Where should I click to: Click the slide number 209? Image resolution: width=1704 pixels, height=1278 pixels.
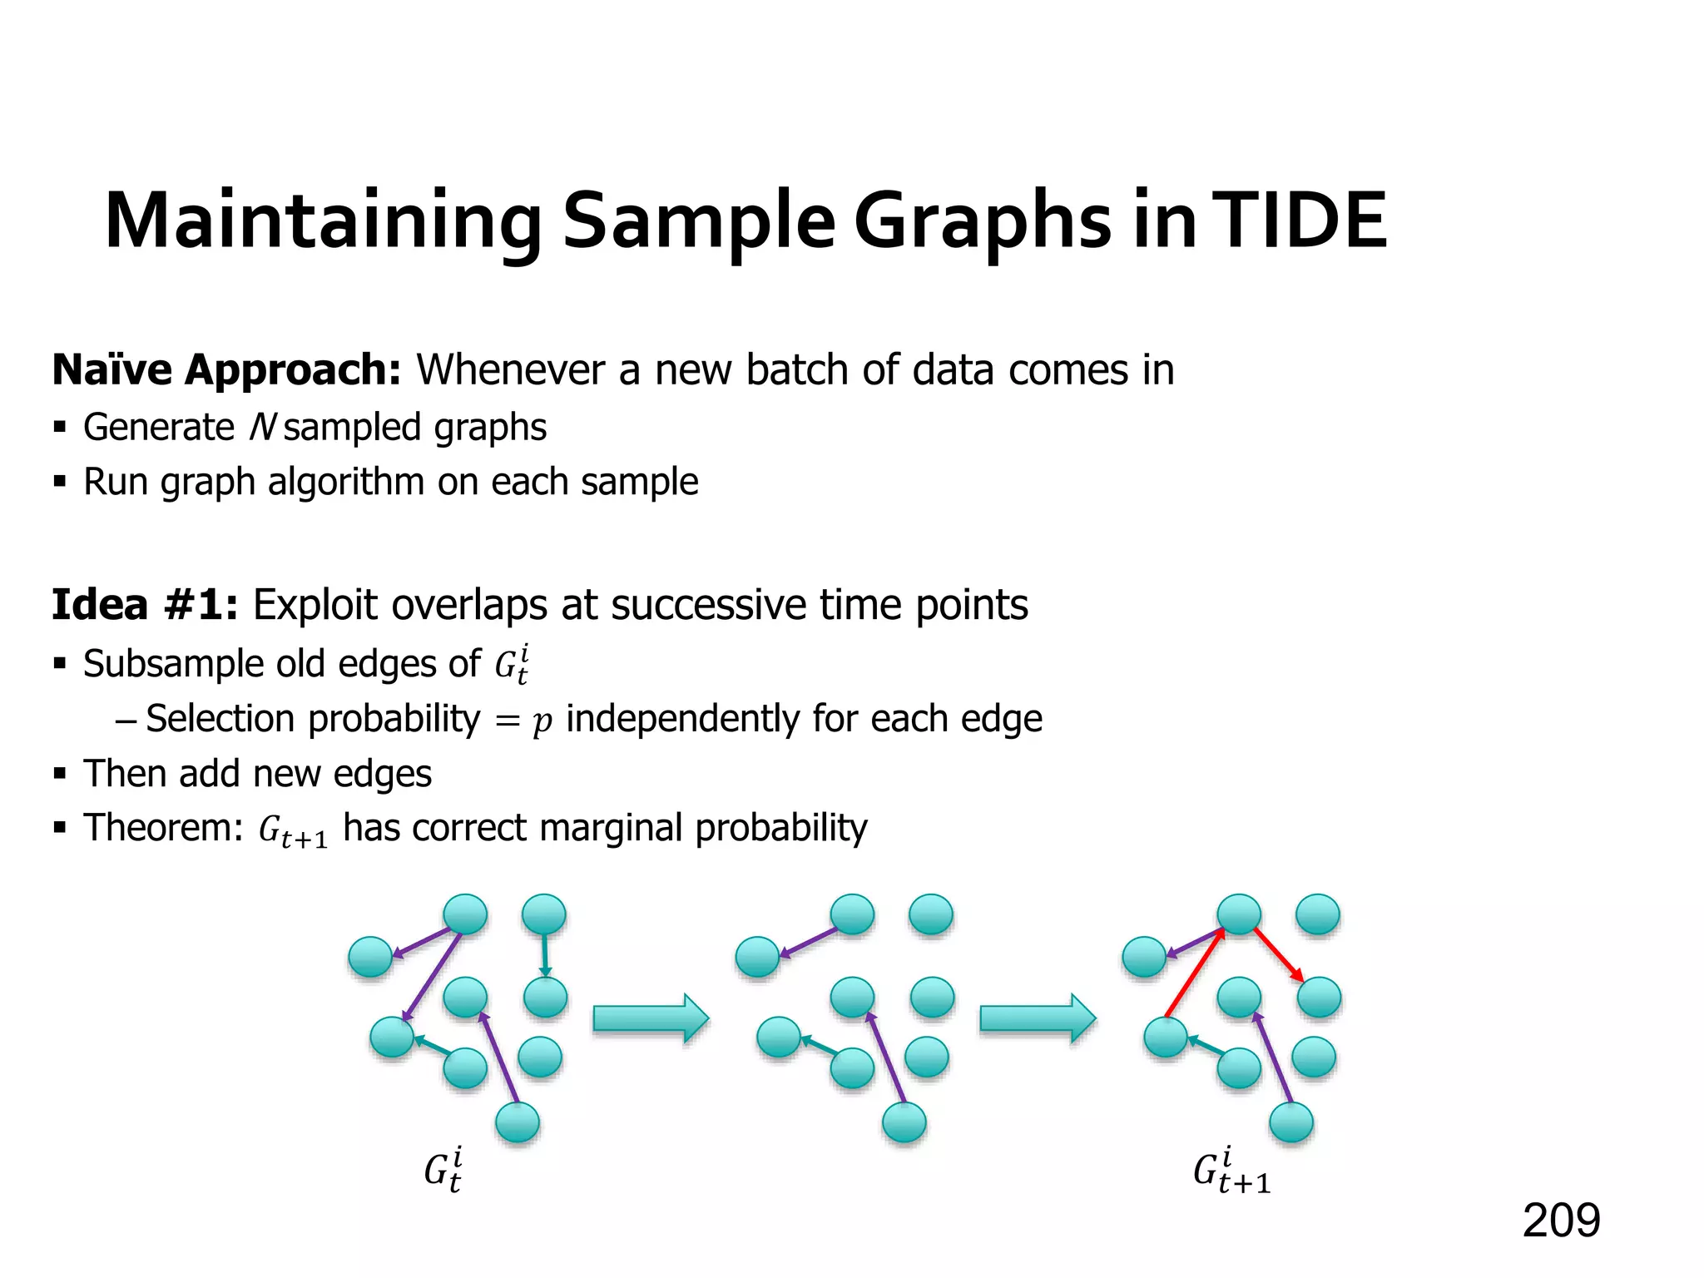click(1561, 1221)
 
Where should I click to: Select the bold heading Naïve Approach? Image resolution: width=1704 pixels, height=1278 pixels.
click(226, 370)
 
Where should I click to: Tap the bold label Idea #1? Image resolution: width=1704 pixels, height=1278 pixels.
click(145, 605)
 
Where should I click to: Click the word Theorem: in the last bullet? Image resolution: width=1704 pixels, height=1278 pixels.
click(163, 828)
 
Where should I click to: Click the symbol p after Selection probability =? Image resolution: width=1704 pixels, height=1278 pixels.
click(542, 721)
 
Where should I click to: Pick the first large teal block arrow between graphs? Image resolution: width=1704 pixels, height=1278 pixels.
click(650, 1018)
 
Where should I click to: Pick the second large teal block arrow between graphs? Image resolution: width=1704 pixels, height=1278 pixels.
click(1037, 1018)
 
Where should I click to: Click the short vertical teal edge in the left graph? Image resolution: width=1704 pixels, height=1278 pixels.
click(544, 955)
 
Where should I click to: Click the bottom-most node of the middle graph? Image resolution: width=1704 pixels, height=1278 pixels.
click(904, 1122)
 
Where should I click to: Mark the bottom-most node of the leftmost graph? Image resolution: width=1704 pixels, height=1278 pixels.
click(517, 1122)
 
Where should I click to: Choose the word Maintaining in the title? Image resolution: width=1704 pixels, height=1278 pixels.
click(323, 221)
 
